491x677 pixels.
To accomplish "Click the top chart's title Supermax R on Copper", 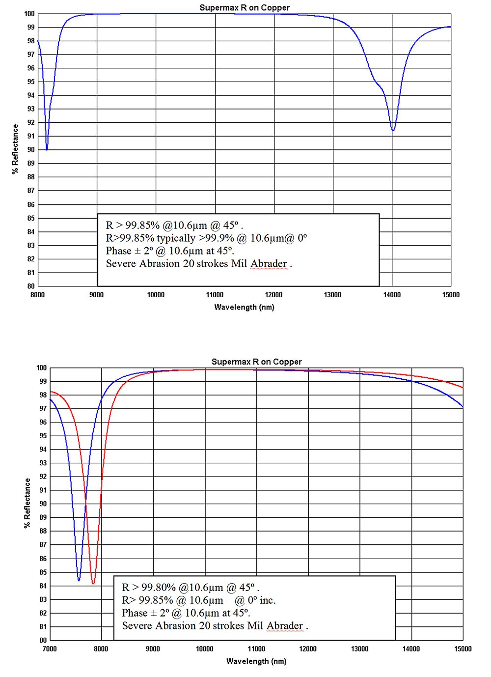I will tap(244, 8).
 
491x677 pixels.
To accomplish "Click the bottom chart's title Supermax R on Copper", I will tap(256, 362).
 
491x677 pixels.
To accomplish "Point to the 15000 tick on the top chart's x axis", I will tap(450, 295).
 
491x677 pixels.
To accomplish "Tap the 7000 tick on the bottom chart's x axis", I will tap(50, 649).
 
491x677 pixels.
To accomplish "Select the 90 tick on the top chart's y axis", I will tap(31, 150).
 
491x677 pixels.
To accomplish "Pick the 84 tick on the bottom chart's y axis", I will tap(43, 586).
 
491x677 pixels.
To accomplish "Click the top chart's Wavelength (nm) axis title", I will tap(244, 307).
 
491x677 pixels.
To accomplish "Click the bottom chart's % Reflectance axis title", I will tap(27, 503).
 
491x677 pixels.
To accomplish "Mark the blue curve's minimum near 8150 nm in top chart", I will tap(47, 149).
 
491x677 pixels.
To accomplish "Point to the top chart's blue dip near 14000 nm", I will tap(393, 130).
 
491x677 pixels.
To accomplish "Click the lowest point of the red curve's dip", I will tap(93, 584).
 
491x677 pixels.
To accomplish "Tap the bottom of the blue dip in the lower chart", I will tap(79, 581).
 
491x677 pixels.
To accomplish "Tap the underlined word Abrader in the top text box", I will tap(269, 264).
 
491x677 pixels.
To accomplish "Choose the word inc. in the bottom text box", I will tap(268, 600).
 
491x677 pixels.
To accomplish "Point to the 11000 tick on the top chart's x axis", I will tap(215, 295).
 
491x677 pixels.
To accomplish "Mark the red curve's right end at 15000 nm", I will tap(463, 388).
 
